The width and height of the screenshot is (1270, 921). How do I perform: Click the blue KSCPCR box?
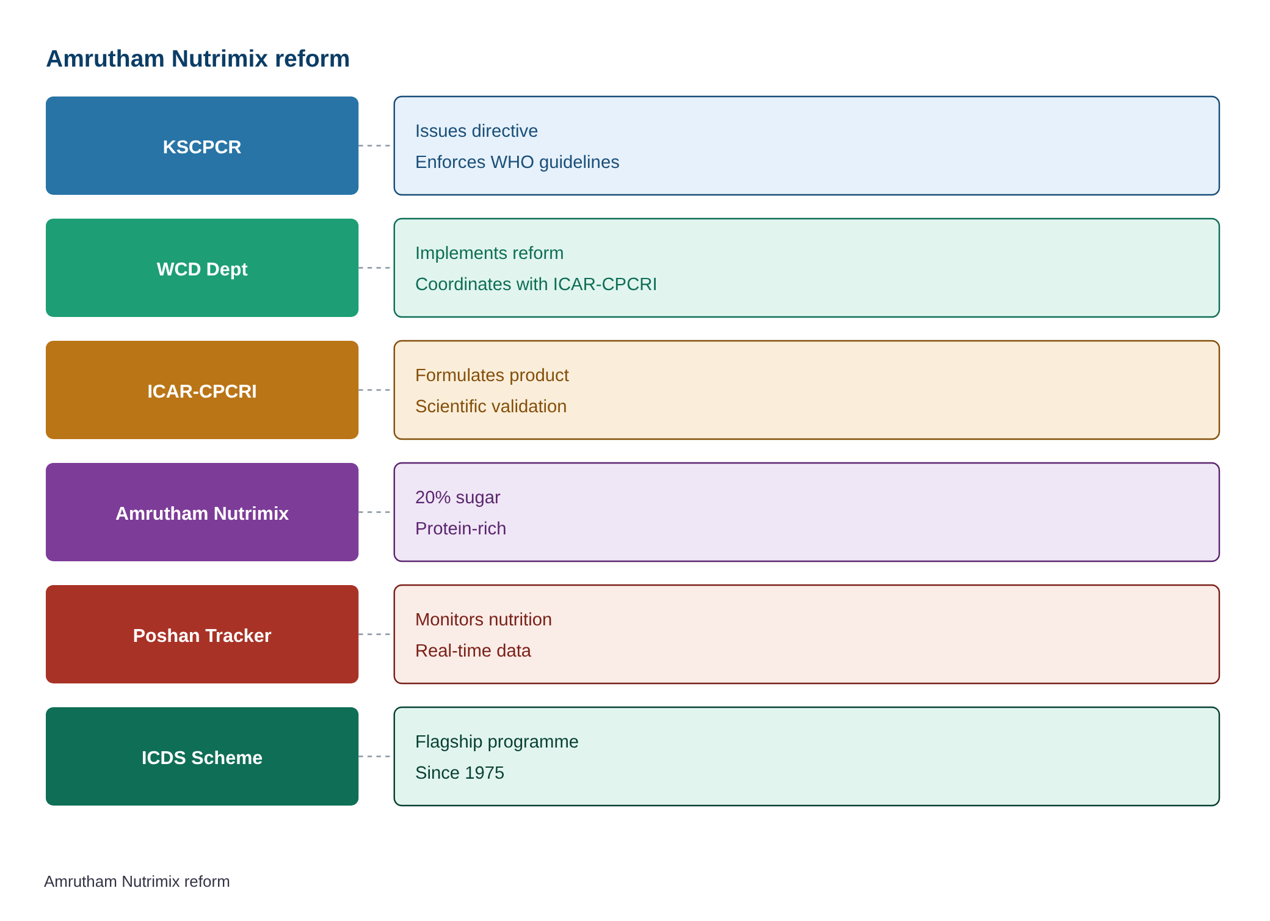[x=202, y=146]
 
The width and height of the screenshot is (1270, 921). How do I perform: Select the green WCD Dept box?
[x=202, y=268]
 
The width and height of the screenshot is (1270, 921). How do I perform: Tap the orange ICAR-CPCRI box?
[x=202, y=390]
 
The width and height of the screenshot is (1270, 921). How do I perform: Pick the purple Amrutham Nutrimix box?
[x=202, y=512]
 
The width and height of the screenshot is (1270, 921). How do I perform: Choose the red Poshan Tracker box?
[x=202, y=635]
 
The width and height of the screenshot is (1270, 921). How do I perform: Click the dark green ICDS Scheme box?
[x=202, y=757]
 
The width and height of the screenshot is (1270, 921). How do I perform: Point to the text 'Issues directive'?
[x=476, y=131]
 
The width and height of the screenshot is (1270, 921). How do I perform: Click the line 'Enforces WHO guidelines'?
[x=517, y=162]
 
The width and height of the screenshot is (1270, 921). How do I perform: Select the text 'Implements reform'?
[x=489, y=253]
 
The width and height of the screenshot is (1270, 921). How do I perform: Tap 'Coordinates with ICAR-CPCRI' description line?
[x=536, y=284]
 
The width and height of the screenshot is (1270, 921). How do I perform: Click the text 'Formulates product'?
[x=492, y=375]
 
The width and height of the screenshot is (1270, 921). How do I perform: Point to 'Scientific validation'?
[x=491, y=406]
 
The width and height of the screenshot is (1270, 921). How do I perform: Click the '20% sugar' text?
[x=457, y=497]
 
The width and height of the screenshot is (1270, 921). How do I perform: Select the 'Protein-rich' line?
[x=460, y=528]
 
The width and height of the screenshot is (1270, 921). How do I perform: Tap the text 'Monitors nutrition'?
[x=483, y=619]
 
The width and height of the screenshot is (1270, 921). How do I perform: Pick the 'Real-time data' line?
[x=473, y=650]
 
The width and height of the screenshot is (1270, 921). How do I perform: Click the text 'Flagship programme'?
[x=496, y=741]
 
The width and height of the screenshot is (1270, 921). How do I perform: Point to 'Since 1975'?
[x=459, y=773]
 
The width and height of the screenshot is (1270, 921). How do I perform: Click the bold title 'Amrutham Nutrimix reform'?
[x=198, y=59]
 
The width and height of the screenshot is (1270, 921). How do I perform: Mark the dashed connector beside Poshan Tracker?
[x=375, y=635]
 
